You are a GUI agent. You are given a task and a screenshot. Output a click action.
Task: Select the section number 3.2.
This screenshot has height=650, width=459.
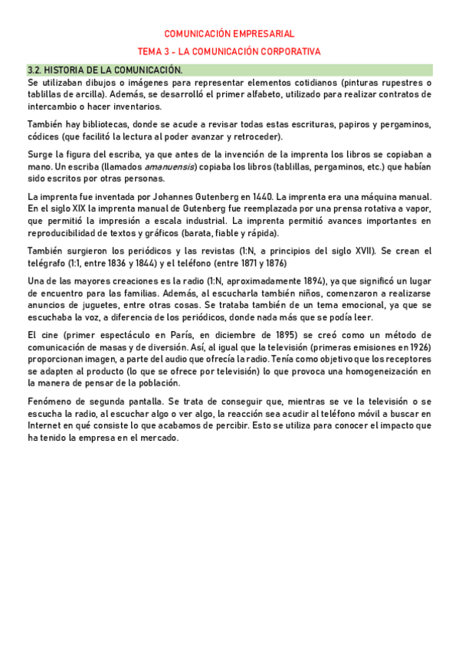(36, 70)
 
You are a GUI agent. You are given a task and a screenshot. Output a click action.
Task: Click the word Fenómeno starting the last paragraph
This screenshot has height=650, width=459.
(51, 402)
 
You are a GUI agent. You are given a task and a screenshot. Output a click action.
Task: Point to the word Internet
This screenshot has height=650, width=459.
(45, 426)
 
